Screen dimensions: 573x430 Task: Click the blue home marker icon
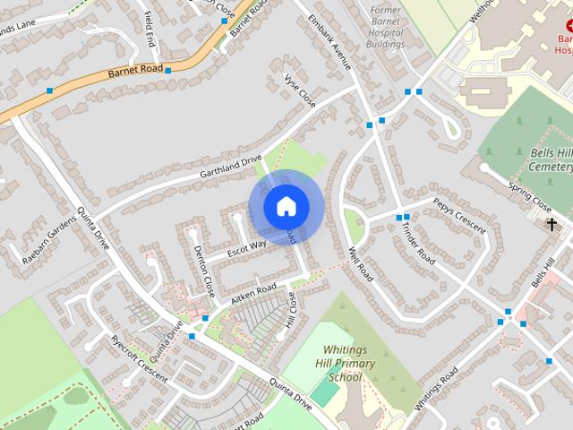coord(286,206)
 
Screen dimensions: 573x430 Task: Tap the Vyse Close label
coord(300,90)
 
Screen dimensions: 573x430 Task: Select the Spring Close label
coord(530,196)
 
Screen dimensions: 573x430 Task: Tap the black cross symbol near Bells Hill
coord(552,225)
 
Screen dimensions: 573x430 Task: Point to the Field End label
coord(151,30)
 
